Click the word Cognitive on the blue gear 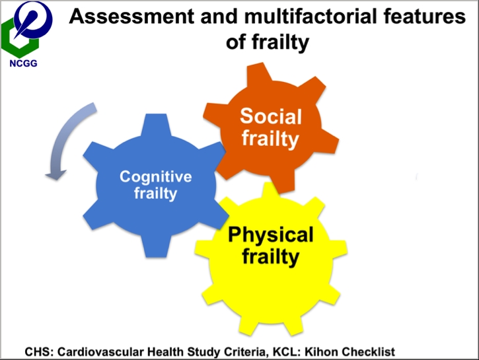155,176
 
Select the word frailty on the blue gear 155,193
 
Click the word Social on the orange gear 271,117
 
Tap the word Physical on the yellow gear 271,234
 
